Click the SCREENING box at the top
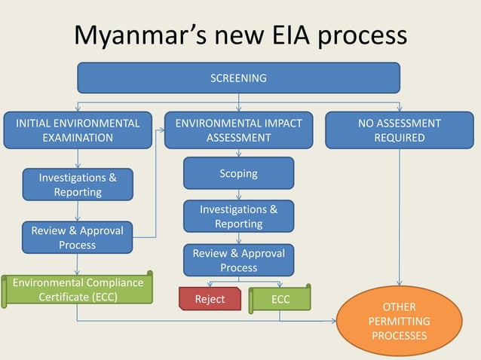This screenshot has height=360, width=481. (239, 78)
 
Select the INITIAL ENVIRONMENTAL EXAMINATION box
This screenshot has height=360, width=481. (78, 130)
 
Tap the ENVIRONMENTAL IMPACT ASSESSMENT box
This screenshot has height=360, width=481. (238, 130)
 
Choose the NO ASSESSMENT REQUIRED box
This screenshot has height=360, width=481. (400, 130)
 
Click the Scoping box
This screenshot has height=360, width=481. (238, 173)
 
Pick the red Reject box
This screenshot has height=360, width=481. (210, 298)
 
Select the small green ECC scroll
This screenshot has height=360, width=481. (280, 298)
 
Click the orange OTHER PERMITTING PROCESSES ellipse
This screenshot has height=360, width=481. (399, 322)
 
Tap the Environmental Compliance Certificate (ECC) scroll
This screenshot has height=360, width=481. (78, 290)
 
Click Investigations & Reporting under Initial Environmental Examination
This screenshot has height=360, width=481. (78, 185)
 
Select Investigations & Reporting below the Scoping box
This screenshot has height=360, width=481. (238, 216)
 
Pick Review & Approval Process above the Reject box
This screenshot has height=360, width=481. (238, 260)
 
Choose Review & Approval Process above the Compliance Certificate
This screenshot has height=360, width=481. (78, 237)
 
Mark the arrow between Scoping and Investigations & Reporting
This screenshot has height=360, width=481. (239, 194)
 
